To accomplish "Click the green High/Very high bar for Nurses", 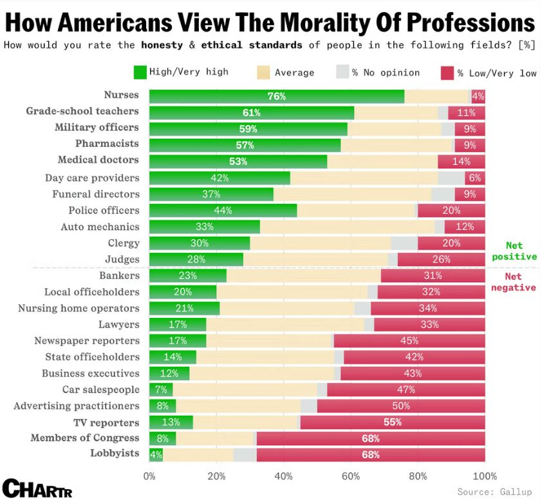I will coord(277,97).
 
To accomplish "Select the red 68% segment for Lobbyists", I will coord(370,454).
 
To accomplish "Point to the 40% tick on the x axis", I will coord(283,476).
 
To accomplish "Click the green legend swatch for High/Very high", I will coord(140,72).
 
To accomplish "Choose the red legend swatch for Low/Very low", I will coord(447,73).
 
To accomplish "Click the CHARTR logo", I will coord(37,488).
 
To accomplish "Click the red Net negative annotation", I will coord(514,282).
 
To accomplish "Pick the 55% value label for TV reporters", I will coord(392,422).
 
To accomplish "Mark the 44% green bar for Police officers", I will coord(223,210).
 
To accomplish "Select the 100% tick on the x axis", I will coord(485,476).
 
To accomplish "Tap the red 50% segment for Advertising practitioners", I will coord(401,406).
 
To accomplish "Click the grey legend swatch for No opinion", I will coord(342,72).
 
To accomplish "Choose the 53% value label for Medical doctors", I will coord(238,161).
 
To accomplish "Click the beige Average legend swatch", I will coord(263,72).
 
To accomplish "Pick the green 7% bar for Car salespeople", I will coord(161,389).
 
